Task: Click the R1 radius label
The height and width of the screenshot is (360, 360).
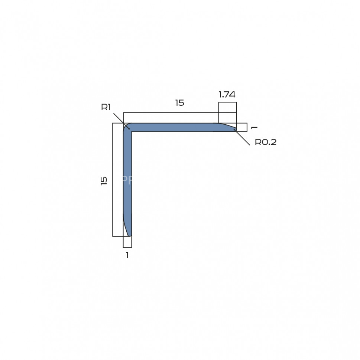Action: [106, 107]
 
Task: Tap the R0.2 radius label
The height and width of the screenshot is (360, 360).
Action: [265, 142]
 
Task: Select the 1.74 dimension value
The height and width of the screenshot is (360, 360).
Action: [227, 95]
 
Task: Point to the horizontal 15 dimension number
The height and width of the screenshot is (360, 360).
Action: [180, 103]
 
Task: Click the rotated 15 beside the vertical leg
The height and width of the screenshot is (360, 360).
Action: [104, 181]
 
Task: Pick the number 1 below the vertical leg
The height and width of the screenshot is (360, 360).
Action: [127, 255]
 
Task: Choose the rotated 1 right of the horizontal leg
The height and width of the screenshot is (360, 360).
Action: [254, 127]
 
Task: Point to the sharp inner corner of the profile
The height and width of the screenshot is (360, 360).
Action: [132, 131]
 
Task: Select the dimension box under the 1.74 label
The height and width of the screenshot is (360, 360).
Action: [227, 107]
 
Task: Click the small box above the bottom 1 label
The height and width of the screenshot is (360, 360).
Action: [127, 242]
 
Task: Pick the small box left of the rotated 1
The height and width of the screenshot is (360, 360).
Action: [242, 127]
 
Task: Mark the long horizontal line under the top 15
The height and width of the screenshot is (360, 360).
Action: [171, 112]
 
